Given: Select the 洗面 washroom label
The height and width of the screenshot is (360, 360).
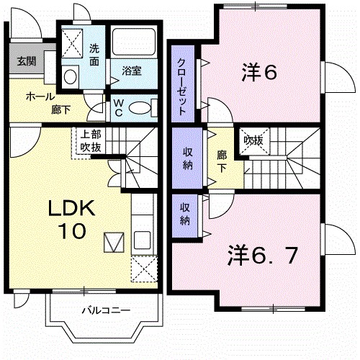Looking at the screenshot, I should (x=95, y=55).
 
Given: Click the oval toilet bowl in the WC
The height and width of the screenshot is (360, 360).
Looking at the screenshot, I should (x=143, y=107).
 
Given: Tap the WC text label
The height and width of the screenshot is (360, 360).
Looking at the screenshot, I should (x=118, y=107).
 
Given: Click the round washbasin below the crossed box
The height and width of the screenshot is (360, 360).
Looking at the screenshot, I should (x=71, y=76).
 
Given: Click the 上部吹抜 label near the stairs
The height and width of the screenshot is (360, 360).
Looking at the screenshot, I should (x=91, y=140).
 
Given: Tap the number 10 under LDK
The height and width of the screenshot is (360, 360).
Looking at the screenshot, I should (x=70, y=231).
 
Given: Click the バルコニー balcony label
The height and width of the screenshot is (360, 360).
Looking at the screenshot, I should (x=105, y=311).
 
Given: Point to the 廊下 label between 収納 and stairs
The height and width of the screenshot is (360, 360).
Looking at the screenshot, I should (x=221, y=160).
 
